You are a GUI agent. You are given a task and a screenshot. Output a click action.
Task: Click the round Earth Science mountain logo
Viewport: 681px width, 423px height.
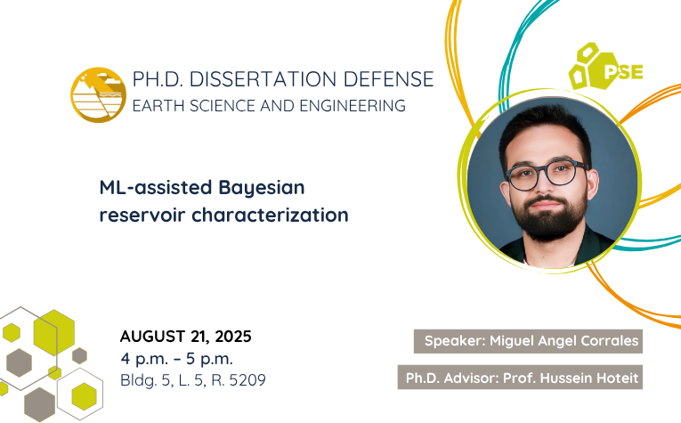pyautogui.click(x=99, y=94)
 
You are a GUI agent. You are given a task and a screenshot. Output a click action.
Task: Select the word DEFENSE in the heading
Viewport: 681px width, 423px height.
pyautogui.click(x=388, y=79)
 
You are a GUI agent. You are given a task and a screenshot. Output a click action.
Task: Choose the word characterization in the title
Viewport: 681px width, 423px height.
pyautogui.click(x=270, y=215)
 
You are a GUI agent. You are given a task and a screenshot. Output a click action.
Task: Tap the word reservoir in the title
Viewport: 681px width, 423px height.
pyautogui.click(x=142, y=216)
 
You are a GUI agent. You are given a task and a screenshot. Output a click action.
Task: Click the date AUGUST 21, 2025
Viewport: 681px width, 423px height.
pyautogui.click(x=186, y=337)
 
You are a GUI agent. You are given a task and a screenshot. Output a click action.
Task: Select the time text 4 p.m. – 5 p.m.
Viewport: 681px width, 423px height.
pyautogui.click(x=177, y=359)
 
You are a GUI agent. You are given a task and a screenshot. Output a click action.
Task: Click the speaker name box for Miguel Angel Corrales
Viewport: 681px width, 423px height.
pyautogui.click(x=528, y=341)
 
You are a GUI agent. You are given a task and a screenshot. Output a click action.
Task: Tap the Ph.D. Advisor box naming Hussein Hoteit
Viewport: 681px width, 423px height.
pyautogui.click(x=520, y=378)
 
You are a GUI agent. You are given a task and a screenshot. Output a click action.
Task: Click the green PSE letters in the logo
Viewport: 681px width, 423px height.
pyautogui.click(x=623, y=72)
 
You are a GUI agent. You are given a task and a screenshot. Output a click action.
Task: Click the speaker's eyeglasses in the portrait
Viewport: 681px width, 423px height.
pyautogui.click(x=547, y=174)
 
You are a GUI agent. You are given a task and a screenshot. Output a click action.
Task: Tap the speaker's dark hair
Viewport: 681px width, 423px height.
pyautogui.click(x=544, y=130)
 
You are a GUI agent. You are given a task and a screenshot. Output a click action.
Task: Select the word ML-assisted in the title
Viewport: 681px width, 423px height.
pyautogui.click(x=156, y=188)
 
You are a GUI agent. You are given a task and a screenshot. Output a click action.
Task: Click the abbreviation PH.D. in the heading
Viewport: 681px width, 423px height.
pyautogui.click(x=158, y=79)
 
